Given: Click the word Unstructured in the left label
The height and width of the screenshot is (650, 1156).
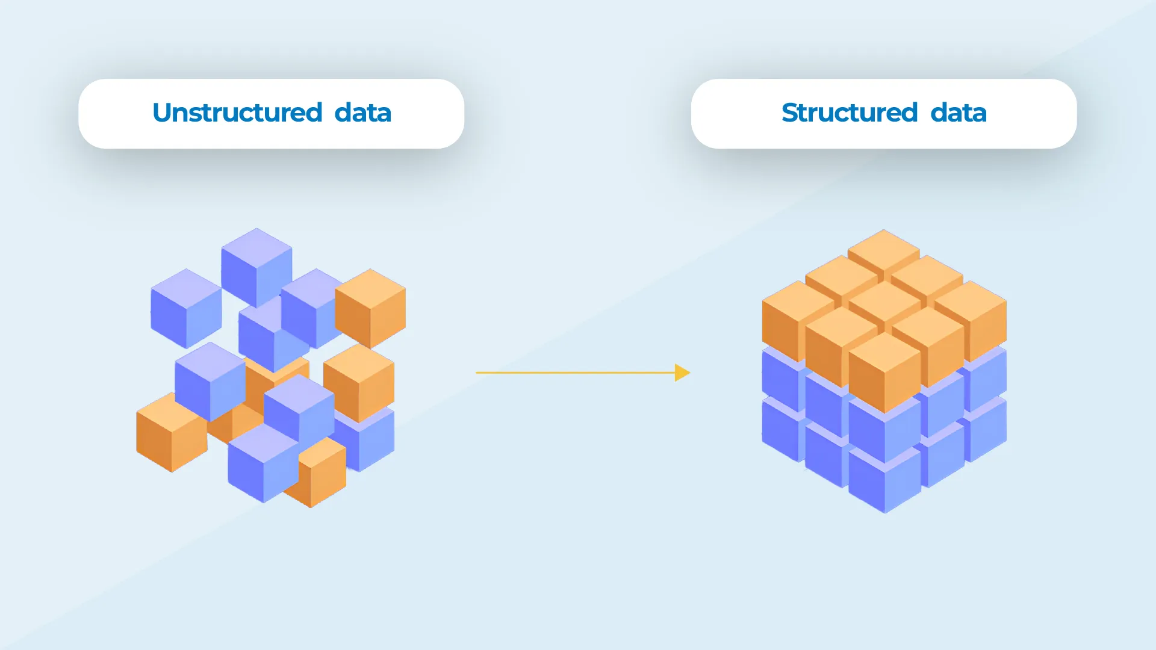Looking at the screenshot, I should [237, 113].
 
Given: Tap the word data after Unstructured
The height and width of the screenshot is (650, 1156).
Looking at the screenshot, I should [362, 113].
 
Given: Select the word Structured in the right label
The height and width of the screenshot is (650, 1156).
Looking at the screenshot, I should [850, 113].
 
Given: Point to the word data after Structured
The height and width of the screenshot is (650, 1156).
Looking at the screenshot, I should [959, 113].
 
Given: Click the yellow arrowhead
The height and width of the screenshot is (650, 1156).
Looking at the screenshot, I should [682, 373].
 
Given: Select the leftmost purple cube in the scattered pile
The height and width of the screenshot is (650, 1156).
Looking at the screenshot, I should [186, 308].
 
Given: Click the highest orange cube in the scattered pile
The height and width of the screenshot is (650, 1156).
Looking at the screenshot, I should [370, 308].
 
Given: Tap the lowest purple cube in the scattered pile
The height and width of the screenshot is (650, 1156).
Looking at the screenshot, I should [263, 463].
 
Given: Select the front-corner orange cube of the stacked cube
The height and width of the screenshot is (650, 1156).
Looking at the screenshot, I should [884, 373].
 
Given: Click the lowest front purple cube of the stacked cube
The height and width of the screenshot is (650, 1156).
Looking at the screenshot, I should [884, 481].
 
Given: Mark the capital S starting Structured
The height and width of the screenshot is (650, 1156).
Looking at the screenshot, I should [791, 113].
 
